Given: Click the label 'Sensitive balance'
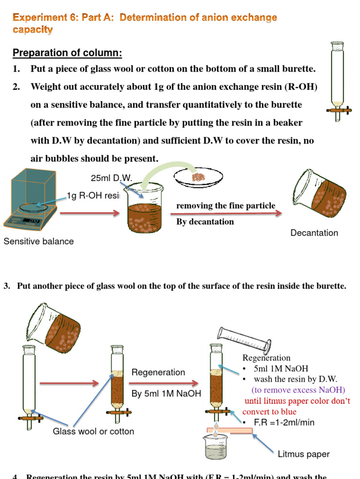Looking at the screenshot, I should point(38,241).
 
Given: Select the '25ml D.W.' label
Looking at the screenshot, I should point(112,178).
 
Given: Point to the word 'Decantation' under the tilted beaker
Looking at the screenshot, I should point(314,232).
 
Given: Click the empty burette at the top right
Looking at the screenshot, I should point(337,80).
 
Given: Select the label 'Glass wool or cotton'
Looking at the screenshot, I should point(93,431).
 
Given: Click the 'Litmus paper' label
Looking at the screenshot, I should point(303,454).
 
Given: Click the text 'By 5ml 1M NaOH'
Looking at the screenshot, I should point(166,394).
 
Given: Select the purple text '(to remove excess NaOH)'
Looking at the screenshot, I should point(298,390).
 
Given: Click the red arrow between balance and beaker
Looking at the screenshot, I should point(89,214).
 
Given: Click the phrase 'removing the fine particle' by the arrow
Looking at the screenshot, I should point(225,206).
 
